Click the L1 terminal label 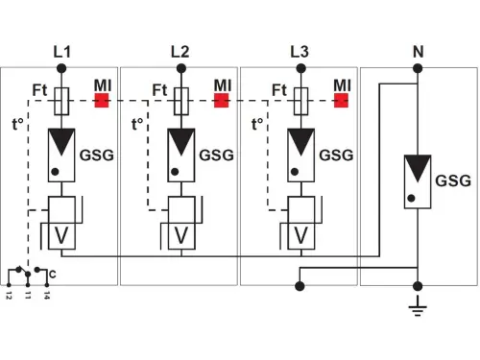(x=62, y=50)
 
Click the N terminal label (x=418, y=50)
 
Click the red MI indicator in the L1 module (x=102, y=99)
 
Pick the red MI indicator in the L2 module (x=221, y=99)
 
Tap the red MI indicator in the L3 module (x=340, y=99)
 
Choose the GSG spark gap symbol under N (x=418, y=180)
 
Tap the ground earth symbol (x=418, y=307)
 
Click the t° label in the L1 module (x=18, y=124)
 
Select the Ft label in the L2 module (x=160, y=90)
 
